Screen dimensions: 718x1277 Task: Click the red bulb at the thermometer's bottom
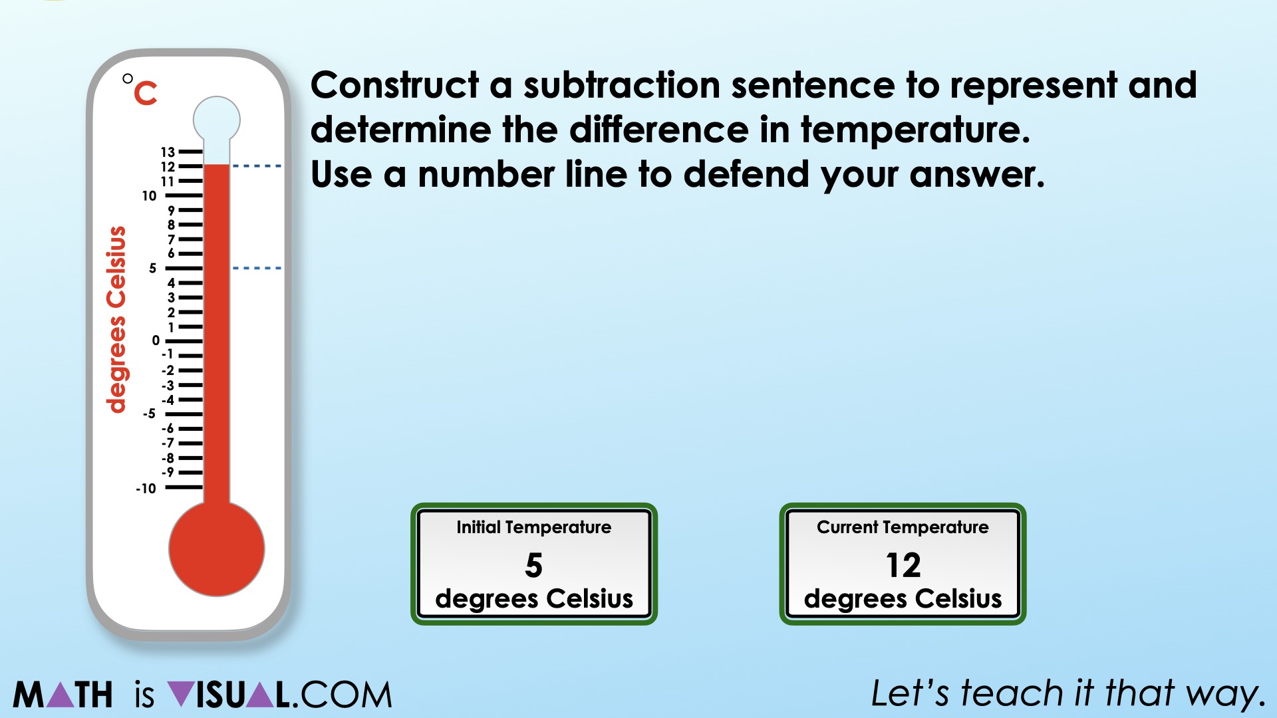[x=216, y=549]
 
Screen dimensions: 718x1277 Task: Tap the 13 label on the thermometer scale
[x=168, y=152]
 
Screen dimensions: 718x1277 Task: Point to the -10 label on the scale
[x=146, y=489]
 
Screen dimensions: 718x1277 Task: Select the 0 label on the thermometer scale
[x=156, y=340]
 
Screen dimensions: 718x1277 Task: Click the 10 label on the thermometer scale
[x=149, y=196]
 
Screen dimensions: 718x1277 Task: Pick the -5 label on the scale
[x=149, y=414]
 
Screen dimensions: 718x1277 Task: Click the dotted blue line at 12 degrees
[x=257, y=166]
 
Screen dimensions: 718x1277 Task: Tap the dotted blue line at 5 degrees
[x=257, y=268]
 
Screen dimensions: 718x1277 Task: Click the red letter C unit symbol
[x=146, y=94]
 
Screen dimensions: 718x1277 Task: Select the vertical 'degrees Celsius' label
[x=116, y=319]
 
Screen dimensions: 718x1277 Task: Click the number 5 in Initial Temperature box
[x=533, y=565]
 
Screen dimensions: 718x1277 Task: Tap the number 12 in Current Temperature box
[x=903, y=565]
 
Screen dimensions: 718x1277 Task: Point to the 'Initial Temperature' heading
[x=533, y=527]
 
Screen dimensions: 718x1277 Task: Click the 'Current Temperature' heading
[x=903, y=527]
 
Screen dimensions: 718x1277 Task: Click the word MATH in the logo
[x=63, y=695]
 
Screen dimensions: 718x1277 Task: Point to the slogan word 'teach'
[x=1012, y=693]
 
